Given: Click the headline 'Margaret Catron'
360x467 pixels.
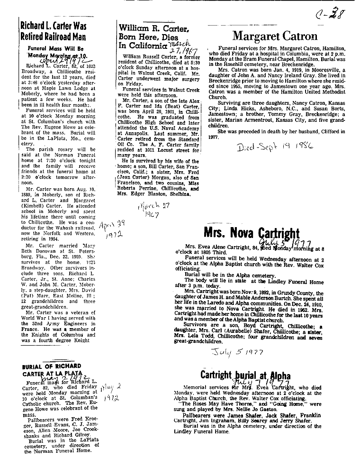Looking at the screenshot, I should pyautogui.click(x=274, y=36).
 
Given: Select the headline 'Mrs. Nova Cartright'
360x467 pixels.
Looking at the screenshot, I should pyautogui.click(x=252, y=232).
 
